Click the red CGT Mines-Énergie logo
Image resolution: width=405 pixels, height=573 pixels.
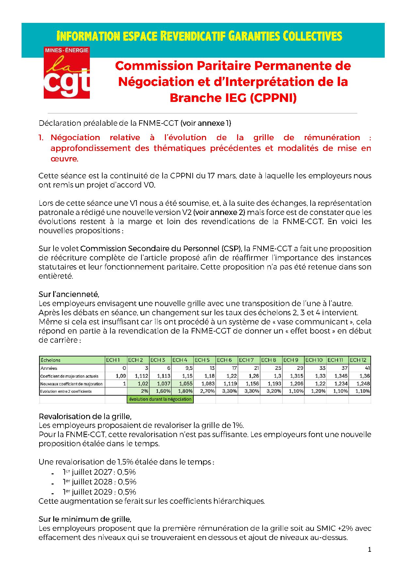(67, 73)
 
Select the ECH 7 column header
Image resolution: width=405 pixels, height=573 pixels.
(247, 360)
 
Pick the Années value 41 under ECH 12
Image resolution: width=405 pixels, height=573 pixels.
(367, 368)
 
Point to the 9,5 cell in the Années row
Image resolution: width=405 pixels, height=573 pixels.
(189, 368)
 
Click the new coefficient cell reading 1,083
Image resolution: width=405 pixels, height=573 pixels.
(208, 384)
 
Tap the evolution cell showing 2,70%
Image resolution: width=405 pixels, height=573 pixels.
(207, 391)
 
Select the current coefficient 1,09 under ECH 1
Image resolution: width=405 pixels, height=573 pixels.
(121, 376)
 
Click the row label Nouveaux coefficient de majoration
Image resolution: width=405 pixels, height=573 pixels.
(72, 384)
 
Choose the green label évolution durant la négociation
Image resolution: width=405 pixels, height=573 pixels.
(160, 399)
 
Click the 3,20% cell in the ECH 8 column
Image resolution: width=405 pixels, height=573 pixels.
(274, 391)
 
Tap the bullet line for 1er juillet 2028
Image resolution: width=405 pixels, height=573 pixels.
(100, 482)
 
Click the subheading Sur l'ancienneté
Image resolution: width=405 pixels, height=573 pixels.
(69, 294)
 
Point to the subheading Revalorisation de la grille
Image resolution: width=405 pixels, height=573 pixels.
(85, 417)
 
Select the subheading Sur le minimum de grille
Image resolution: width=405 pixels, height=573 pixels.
(85, 519)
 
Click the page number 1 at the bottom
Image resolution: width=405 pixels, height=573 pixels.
(369, 550)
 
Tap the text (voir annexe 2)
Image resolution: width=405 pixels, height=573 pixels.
(219, 212)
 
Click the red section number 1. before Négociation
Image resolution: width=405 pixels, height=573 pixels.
(41, 138)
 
